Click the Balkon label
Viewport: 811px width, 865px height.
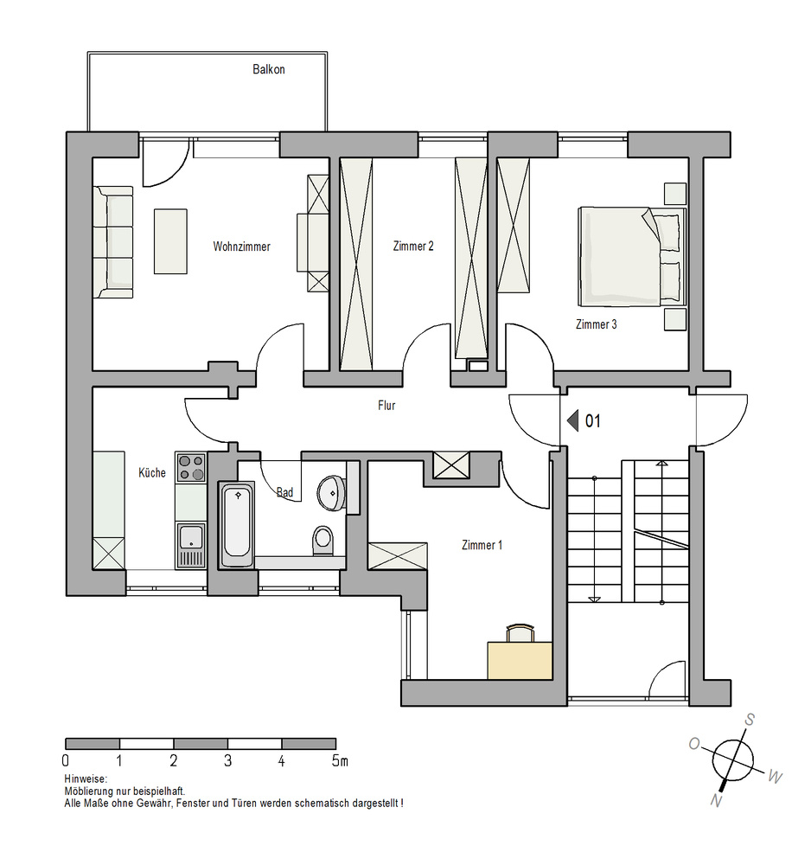point(269,69)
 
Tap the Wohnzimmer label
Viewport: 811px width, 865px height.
point(241,247)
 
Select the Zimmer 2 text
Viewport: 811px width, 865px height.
point(413,246)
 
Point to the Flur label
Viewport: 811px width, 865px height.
point(386,406)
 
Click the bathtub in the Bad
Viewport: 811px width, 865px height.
point(237,524)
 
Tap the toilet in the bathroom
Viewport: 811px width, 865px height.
point(323,540)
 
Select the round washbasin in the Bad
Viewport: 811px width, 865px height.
point(332,492)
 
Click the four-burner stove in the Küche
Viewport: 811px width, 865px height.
point(191,467)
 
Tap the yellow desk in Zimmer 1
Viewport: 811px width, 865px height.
point(520,660)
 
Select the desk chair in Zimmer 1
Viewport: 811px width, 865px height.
point(520,633)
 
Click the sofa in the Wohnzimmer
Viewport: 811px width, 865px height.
point(113,242)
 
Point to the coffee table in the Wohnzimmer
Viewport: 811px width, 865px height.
point(170,241)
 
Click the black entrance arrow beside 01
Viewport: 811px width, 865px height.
point(573,421)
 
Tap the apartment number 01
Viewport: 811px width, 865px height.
point(592,421)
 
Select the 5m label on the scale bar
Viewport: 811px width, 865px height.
point(340,760)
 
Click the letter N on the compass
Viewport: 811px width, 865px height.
point(716,800)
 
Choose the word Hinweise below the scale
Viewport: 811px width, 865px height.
point(86,779)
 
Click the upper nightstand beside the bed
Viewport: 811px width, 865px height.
point(674,194)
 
